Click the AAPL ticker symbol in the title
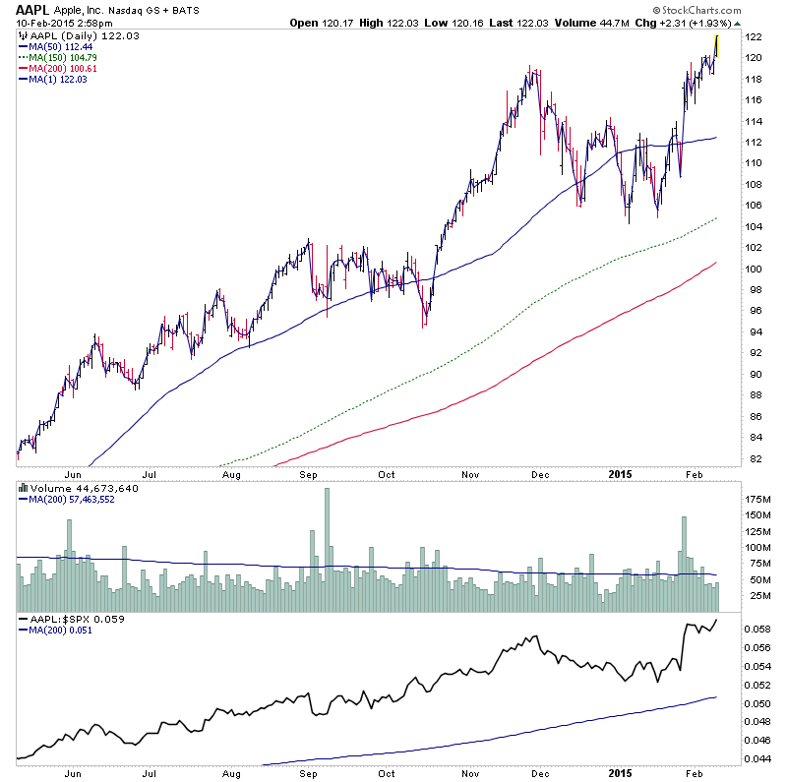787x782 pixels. coord(32,9)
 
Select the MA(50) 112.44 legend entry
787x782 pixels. coord(58,45)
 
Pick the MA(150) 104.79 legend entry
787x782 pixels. coord(61,56)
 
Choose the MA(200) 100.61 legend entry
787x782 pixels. coord(61,67)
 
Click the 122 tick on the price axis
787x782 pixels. coord(755,37)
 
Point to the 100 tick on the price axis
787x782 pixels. coord(755,269)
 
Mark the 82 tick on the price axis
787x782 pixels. coord(755,458)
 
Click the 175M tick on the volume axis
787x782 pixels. coord(759,498)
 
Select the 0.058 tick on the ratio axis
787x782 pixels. coord(759,629)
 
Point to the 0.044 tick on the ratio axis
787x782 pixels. coord(759,759)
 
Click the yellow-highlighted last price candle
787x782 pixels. coord(716,46)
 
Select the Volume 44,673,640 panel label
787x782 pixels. coord(79,488)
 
